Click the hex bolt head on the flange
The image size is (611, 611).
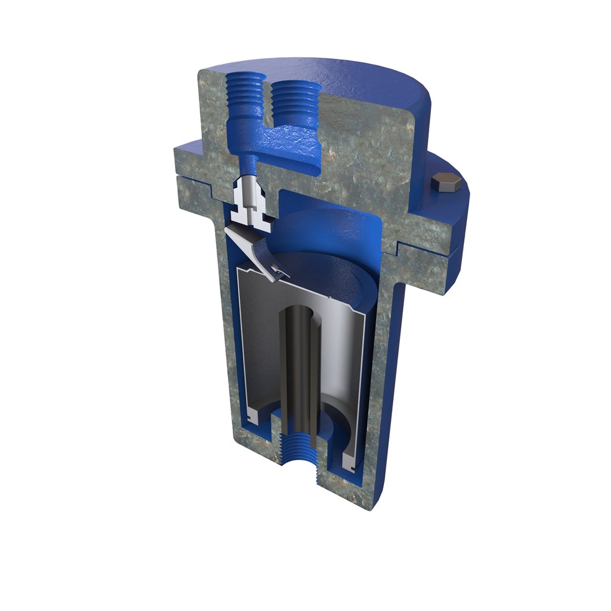446,183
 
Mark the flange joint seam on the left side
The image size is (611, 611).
192,177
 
